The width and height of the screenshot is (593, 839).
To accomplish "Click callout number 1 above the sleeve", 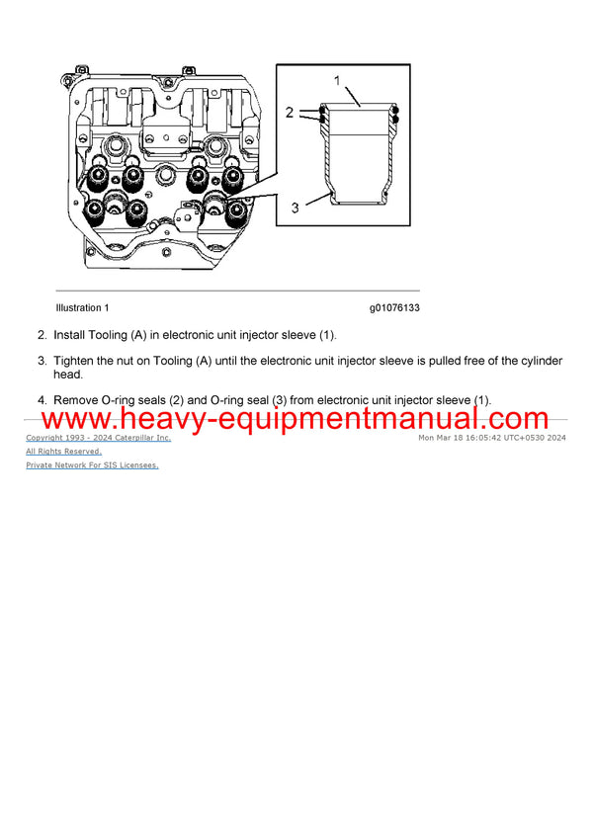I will click(336, 79).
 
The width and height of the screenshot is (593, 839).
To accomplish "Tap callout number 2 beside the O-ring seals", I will click(290, 114).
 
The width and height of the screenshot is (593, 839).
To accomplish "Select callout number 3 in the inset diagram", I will click(294, 209).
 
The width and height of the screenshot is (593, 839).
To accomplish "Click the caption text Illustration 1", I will click(83, 308).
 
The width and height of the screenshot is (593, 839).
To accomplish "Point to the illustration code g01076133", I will click(395, 308).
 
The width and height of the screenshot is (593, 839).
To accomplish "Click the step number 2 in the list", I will click(42, 336).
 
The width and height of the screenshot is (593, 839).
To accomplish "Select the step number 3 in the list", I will click(42, 361).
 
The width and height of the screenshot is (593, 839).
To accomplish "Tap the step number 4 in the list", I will click(42, 400).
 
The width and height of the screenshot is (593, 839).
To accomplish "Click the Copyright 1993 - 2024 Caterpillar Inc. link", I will click(98, 438).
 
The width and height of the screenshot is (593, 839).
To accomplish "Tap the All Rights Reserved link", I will click(63, 452).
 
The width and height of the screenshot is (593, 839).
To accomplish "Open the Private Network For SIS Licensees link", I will click(92, 464).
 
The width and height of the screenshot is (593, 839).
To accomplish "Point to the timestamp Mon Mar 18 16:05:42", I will click(463, 438).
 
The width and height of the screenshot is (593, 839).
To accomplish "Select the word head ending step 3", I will click(67, 376).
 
